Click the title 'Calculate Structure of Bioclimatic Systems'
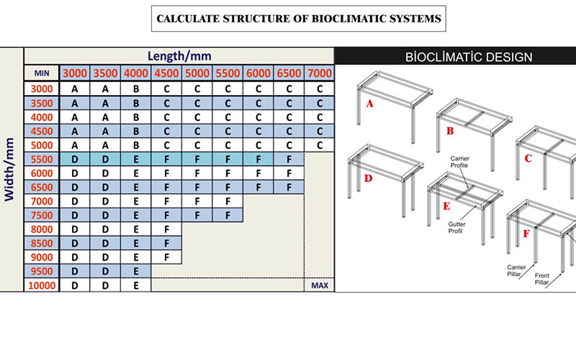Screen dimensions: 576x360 299,19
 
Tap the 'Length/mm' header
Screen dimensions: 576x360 179,56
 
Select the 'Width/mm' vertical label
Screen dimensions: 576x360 9,169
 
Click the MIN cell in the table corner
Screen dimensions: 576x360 42,73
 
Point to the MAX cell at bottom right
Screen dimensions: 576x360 320,285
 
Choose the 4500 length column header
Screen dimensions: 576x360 166,73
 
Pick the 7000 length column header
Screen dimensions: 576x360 320,73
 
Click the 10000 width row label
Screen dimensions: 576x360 42,285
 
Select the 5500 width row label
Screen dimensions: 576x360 42,159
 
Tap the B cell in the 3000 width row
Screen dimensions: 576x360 136,89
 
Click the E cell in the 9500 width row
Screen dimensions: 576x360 136,271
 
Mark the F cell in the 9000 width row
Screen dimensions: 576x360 166,257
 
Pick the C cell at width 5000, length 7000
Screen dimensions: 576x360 320,145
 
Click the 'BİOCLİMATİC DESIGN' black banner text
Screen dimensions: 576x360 469,57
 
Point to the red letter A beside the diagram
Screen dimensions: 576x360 369,104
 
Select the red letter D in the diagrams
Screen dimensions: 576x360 368,179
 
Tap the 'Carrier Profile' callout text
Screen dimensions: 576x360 459,162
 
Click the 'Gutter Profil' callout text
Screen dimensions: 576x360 456,228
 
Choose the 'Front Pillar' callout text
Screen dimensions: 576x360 542,279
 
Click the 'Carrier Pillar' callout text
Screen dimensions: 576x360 516,271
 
